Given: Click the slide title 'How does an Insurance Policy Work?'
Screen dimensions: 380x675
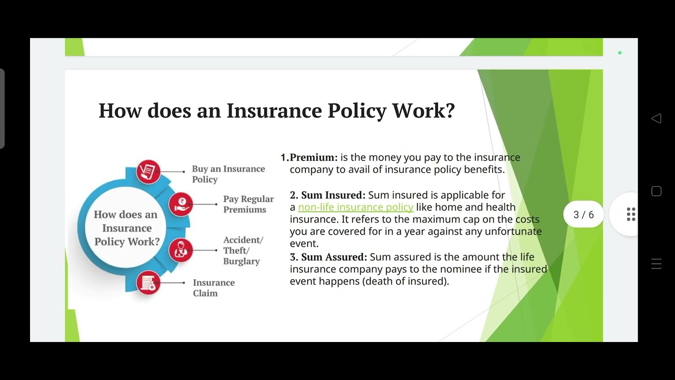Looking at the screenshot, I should tap(276, 111).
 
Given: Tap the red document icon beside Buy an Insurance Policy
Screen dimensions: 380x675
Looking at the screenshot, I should tap(148, 172).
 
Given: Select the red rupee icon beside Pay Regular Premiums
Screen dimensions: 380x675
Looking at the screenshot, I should tap(181, 204).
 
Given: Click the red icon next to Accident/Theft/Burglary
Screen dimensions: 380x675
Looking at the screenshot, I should tap(181, 250).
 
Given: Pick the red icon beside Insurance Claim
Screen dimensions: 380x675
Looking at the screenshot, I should tap(148, 283).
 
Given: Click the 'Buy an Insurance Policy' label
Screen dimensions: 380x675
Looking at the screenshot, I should tap(228, 174).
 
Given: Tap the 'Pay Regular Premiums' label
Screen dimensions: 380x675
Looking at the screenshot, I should tap(248, 204).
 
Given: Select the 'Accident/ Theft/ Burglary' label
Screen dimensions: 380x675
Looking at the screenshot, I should tap(243, 250).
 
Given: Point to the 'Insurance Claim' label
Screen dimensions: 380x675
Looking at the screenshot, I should tap(213, 288).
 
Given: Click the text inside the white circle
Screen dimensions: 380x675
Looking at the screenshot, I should tap(127, 228).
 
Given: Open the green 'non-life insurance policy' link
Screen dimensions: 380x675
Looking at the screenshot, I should tap(355, 207).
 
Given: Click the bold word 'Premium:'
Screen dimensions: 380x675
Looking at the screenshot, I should tap(313, 157).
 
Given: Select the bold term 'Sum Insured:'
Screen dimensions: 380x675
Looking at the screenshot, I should tap(333, 195).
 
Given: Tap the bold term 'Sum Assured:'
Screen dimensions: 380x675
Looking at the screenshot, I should tap(334, 257).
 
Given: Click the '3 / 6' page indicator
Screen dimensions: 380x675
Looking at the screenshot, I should tap(583, 214).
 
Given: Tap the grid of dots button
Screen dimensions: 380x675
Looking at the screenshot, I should tap(631, 214).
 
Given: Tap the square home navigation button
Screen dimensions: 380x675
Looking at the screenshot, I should tap(656, 191).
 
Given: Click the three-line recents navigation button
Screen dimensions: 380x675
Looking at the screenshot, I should tap(656, 264).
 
